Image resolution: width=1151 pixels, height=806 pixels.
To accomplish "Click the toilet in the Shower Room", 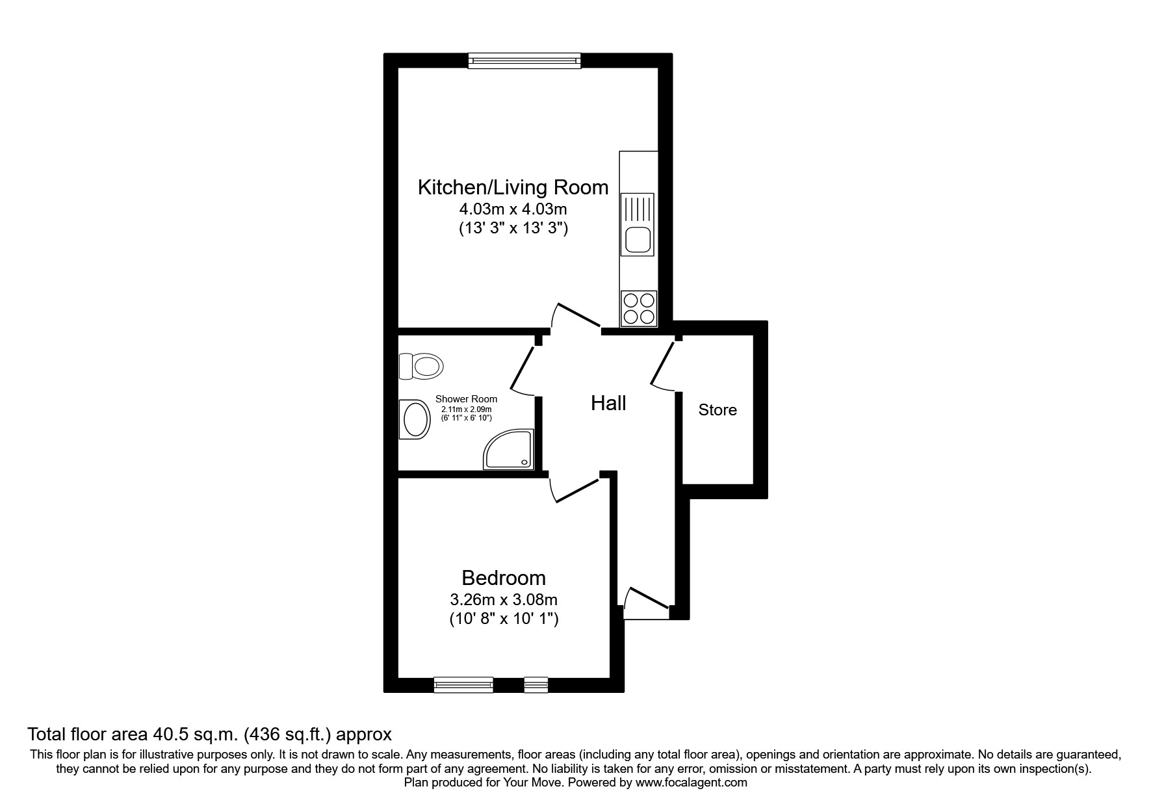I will coord(421,366).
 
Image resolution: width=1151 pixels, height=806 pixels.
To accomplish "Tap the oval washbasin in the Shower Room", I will coord(416,419).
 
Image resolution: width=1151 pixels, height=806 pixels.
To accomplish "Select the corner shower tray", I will coord(509,449).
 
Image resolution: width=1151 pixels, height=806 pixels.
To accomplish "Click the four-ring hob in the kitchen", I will coord(639,308).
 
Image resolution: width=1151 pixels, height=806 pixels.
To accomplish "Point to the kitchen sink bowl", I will coord(638,241).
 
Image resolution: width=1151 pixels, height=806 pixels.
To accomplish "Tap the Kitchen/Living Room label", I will coord(513,187).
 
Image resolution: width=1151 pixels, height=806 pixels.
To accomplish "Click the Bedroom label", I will coord(503,577).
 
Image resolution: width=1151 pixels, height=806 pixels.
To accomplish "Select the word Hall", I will coord(608,403).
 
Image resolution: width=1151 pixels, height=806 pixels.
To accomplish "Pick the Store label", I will coord(718,409).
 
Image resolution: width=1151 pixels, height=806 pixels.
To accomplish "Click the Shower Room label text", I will coord(466,399).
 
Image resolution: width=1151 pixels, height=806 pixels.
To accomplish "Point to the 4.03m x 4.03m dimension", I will coord(513,209).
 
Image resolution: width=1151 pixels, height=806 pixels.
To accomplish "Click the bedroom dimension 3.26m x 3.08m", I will coord(504,599).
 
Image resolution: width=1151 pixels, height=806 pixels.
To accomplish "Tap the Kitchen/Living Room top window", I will coord(524,60).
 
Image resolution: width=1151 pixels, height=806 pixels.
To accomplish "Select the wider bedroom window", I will coord(463,684).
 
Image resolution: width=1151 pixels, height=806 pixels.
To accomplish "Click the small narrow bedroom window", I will coord(536,684).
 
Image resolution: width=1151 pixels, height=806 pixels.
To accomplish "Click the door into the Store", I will coord(663,368).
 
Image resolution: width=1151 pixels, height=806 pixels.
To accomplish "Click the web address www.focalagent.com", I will coord(692,783).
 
